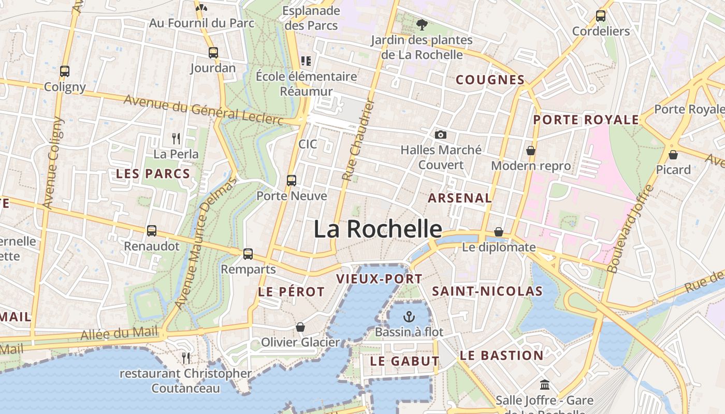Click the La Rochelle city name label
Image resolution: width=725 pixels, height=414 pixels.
click(x=378, y=229)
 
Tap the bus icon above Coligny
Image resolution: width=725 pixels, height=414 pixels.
click(x=65, y=71)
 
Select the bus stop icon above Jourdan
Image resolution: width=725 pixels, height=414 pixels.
click(x=213, y=52)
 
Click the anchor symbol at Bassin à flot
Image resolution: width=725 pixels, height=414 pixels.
click(x=409, y=316)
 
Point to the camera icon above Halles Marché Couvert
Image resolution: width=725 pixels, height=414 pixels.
click(x=441, y=135)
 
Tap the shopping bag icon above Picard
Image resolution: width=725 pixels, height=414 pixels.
click(x=673, y=154)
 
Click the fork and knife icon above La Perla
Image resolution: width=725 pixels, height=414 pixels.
click(x=176, y=138)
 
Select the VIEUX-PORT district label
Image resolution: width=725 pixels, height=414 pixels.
click(x=379, y=279)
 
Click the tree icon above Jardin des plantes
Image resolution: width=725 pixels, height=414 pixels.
click(x=422, y=24)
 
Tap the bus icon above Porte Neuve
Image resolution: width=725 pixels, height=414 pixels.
click(x=292, y=181)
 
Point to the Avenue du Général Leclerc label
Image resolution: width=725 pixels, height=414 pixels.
click(x=204, y=110)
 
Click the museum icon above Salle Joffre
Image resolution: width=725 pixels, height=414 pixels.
click(x=545, y=385)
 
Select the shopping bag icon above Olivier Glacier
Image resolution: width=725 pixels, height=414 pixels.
click(x=300, y=327)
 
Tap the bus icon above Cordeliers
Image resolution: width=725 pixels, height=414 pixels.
click(x=601, y=16)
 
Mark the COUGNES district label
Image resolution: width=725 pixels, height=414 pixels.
click(x=490, y=80)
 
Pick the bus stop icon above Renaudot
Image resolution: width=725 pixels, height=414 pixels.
click(x=152, y=230)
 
